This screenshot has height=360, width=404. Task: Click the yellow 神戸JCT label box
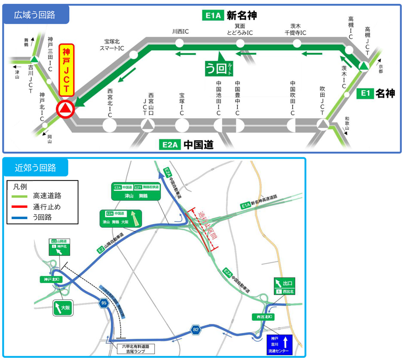pos(66,70)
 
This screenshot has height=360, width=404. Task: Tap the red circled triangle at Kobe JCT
pos(65,110)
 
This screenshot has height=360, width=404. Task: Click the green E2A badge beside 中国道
pos(169,145)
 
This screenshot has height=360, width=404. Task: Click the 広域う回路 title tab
pos(36,15)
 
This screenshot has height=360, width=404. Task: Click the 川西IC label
pos(181,31)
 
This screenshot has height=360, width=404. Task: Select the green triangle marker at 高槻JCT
pos(364,66)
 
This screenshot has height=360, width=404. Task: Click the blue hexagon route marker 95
pos(103,303)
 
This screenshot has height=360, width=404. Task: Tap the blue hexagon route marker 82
pos(196,329)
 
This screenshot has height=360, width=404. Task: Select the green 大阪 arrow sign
pos(63,308)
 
